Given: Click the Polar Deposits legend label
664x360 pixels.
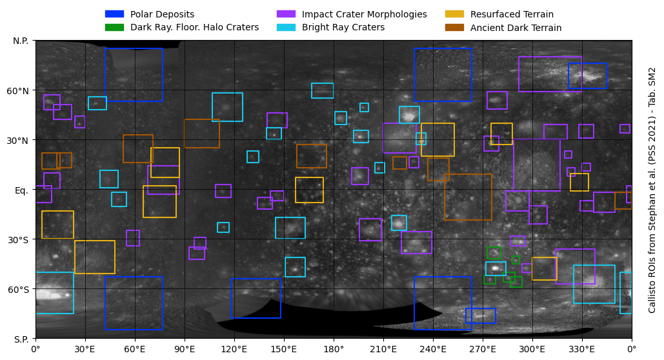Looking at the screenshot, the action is click(x=162, y=14).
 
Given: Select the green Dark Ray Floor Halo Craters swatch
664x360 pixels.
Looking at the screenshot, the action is click(x=114, y=27).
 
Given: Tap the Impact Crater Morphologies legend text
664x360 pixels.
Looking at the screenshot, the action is click(x=364, y=14).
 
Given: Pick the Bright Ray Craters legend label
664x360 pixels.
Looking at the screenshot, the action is click(x=343, y=28).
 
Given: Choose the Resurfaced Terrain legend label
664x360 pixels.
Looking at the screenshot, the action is click(x=512, y=14).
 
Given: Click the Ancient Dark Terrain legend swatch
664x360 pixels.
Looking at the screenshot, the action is click(x=454, y=28).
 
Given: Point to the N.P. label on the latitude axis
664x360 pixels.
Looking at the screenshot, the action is click(x=21, y=41).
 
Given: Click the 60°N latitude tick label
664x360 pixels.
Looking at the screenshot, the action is click(x=18, y=91).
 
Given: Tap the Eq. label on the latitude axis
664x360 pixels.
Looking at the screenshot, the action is click(x=21, y=190).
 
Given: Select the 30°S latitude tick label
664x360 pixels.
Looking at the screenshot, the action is click(x=18, y=240).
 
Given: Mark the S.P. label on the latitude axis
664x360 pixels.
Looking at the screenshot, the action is click(x=21, y=339).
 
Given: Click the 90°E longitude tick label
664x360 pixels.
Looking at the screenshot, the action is click(x=185, y=350).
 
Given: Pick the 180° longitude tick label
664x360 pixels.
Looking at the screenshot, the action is click(x=334, y=350).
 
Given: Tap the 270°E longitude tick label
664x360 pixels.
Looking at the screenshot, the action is click(x=483, y=350).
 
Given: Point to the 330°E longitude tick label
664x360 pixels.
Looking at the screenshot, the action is click(x=582, y=350).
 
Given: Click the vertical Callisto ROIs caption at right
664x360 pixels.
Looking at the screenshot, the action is click(x=652, y=190).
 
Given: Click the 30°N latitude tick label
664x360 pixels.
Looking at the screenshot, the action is click(x=18, y=141).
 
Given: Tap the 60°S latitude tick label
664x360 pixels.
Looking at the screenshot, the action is click(x=18, y=290).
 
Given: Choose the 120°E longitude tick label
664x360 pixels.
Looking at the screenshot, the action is click(x=234, y=350).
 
